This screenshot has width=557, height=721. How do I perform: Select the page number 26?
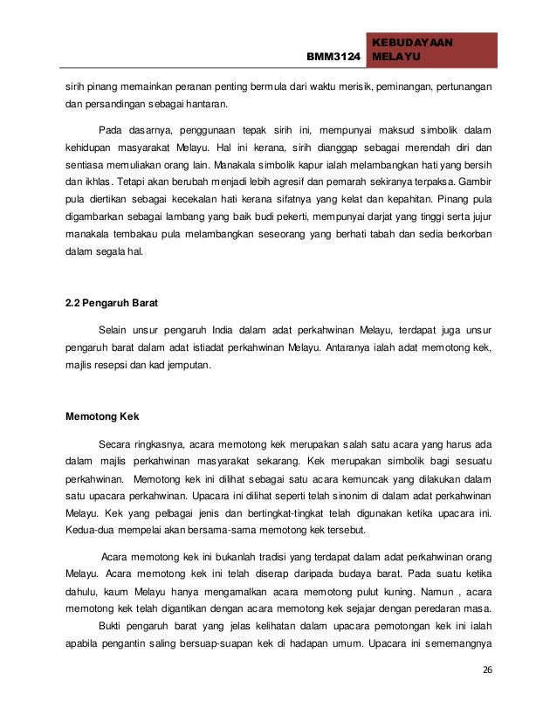tap(486, 669)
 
